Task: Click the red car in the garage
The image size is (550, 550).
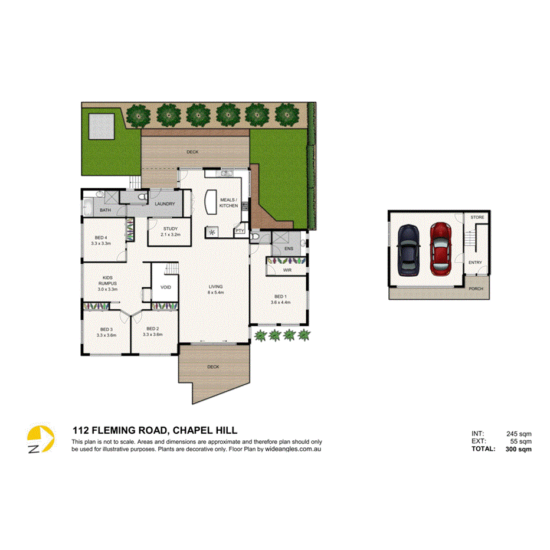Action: coord(440,248)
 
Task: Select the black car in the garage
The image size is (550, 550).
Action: coord(408,249)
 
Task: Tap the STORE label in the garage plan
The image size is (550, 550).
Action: coord(477,218)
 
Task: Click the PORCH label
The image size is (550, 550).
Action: coord(476,289)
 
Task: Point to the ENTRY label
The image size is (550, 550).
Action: coord(475,263)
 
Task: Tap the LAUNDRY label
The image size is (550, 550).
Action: coord(165,204)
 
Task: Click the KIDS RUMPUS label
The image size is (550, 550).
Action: coord(107,280)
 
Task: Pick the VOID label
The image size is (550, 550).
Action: coord(165,287)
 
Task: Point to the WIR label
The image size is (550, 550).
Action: coord(287,270)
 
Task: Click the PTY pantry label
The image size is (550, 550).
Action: coord(240,231)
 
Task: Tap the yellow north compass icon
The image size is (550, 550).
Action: coord(41,440)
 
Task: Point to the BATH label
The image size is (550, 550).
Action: coord(105,210)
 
